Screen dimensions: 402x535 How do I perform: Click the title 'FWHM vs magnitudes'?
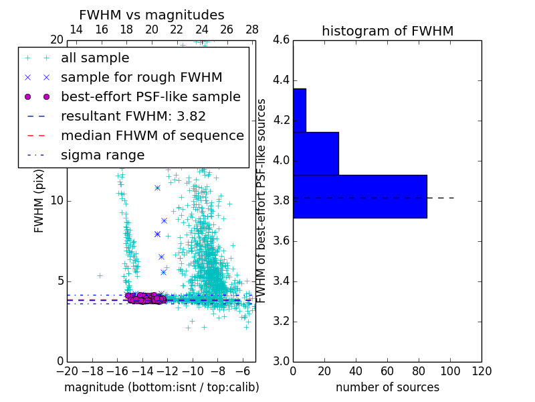[152, 15]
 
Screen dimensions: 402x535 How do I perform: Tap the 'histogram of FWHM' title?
[387, 31]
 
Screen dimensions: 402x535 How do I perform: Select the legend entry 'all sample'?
[94, 58]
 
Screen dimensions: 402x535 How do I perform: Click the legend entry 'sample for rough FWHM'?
[141, 78]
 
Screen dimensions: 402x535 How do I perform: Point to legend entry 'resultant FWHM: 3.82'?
[133, 117]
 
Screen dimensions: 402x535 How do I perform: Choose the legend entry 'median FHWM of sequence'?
[152, 136]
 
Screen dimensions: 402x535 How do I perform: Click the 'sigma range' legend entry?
[102, 155]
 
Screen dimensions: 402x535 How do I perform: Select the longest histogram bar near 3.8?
[360, 196]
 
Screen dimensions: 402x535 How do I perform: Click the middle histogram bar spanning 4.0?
[316, 153]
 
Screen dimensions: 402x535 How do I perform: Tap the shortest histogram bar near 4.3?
[299, 111]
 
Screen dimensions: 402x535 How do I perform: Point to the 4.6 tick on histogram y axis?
[282, 40]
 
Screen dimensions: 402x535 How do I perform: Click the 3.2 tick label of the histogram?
[282, 321]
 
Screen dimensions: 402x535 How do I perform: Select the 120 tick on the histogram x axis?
[481, 371]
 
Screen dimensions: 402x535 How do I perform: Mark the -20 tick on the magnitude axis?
[67, 371]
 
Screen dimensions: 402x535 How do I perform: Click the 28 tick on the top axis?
[252, 29]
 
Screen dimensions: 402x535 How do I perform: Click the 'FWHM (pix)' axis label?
[39, 200]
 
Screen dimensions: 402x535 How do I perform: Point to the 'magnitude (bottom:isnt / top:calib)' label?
[161, 387]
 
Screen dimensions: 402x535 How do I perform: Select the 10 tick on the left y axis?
[58, 201]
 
